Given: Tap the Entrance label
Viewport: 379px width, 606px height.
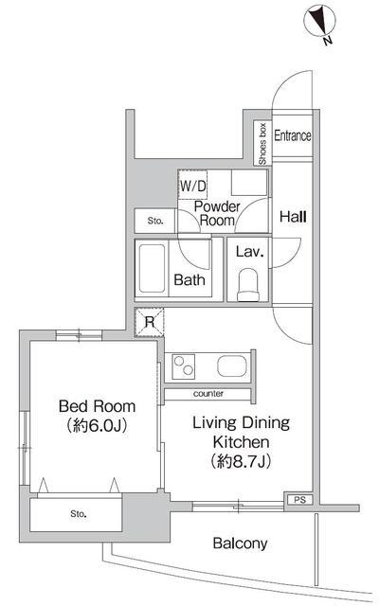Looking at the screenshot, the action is pyautogui.click(x=293, y=135).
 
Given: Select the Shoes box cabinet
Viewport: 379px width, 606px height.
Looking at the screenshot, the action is pyautogui.click(x=262, y=143).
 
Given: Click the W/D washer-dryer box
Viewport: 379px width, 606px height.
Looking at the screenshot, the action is pyautogui.click(x=192, y=186).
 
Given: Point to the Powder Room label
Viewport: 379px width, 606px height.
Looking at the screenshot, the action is pyautogui.click(x=217, y=213).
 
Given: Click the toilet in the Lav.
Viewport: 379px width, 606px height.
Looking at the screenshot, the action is pyautogui.click(x=247, y=284).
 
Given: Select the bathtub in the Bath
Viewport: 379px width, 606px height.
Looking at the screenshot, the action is pyautogui.click(x=152, y=268).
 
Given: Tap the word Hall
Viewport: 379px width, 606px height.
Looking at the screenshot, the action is pyautogui.click(x=293, y=217).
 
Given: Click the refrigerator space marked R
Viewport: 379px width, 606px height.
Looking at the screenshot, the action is pyautogui.click(x=150, y=322).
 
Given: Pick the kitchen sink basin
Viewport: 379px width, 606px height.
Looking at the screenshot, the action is pyautogui.click(x=231, y=366).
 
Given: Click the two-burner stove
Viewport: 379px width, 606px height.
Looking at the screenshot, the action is pyautogui.click(x=183, y=366).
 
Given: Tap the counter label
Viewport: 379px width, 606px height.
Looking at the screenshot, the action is pyautogui.click(x=208, y=394).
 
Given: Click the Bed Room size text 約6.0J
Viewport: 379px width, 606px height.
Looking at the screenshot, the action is pyautogui.click(x=97, y=425).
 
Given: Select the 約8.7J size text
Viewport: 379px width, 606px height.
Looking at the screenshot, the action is pyautogui.click(x=241, y=461).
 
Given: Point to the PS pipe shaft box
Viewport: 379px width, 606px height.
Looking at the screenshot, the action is pyautogui.click(x=299, y=500).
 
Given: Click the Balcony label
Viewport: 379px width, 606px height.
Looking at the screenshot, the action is pyautogui.click(x=240, y=544).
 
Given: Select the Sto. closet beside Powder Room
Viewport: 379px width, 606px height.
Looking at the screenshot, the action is pyautogui.click(x=154, y=221).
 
